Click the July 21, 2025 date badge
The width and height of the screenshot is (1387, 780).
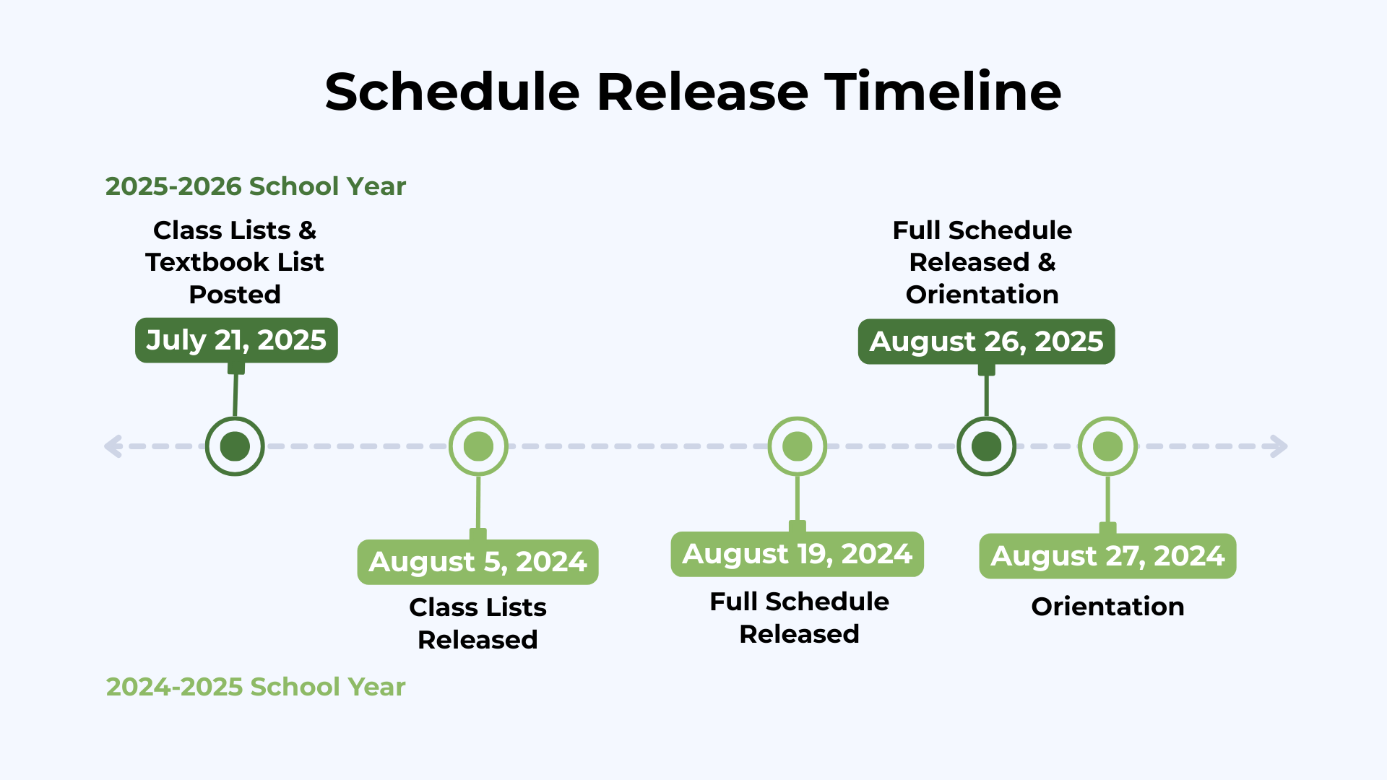click(x=236, y=340)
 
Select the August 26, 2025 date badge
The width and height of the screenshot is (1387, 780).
click(x=986, y=342)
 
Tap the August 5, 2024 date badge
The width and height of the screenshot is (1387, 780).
click(x=478, y=562)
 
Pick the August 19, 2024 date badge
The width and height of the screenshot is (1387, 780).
click(x=797, y=555)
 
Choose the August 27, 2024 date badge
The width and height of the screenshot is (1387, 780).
click(x=1107, y=556)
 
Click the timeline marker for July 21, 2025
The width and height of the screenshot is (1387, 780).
click(x=235, y=446)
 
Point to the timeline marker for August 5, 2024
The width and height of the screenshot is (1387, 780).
click(x=478, y=446)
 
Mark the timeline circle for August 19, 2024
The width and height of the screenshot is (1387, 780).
click(x=798, y=446)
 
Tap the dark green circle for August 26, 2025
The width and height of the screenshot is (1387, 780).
click(x=987, y=446)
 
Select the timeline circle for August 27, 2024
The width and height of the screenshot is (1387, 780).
click(x=1108, y=446)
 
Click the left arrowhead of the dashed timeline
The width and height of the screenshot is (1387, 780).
click(x=113, y=446)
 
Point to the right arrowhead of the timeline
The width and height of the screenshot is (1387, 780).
click(x=1279, y=446)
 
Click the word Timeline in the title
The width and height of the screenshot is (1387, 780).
click(x=943, y=92)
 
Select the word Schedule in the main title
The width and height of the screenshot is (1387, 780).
click(x=452, y=92)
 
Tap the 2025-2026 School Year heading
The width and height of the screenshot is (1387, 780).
click(x=256, y=186)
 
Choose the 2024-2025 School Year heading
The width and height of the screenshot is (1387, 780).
click(x=256, y=687)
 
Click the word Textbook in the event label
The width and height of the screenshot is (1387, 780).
click(x=207, y=262)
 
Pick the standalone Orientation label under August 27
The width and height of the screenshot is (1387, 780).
click(x=1107, y=607)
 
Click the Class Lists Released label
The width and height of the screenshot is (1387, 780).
click(x=478, y=623)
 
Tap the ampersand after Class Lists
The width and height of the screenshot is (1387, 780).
click(x=307, y=230)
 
